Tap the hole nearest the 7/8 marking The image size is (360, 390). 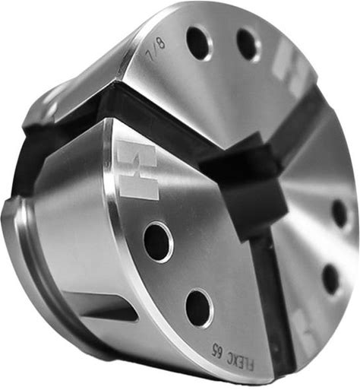[x=199, y=43]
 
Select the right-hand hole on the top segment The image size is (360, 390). [x=248, y=45]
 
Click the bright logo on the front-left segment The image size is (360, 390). [x=138, y=170]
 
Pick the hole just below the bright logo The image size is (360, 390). [x=158, y=242]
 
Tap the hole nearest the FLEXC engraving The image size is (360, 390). [x=199, y=307]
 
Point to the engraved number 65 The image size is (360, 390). [x=216, y=347]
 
